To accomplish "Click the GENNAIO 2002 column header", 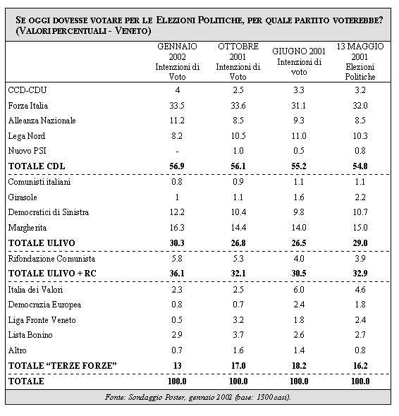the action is [177, 61].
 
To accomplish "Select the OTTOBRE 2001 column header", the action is [238, 61].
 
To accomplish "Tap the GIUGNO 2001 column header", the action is [299, 61].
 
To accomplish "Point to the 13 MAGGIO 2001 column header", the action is [360, 61].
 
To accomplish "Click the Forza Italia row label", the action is [28, 106].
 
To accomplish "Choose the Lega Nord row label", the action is [27, 136].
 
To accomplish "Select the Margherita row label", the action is [27, 228].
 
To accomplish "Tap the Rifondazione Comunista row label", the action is [51, 258].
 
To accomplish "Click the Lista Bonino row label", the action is [30, 335].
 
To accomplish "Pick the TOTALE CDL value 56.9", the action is [177, 166].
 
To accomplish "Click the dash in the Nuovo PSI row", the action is [177, 152].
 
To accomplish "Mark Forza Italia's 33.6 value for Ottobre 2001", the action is [238, 106].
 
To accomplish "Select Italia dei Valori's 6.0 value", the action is [299, 290].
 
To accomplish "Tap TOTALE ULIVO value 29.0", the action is [360, 243].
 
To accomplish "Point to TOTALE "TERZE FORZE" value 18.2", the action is [299, 366].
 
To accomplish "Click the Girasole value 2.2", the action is [360, 197].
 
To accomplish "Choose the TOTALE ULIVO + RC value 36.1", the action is [177, 274].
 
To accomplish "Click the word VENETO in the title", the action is [133, 31].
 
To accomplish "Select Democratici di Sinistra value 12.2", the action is [177, 212].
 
